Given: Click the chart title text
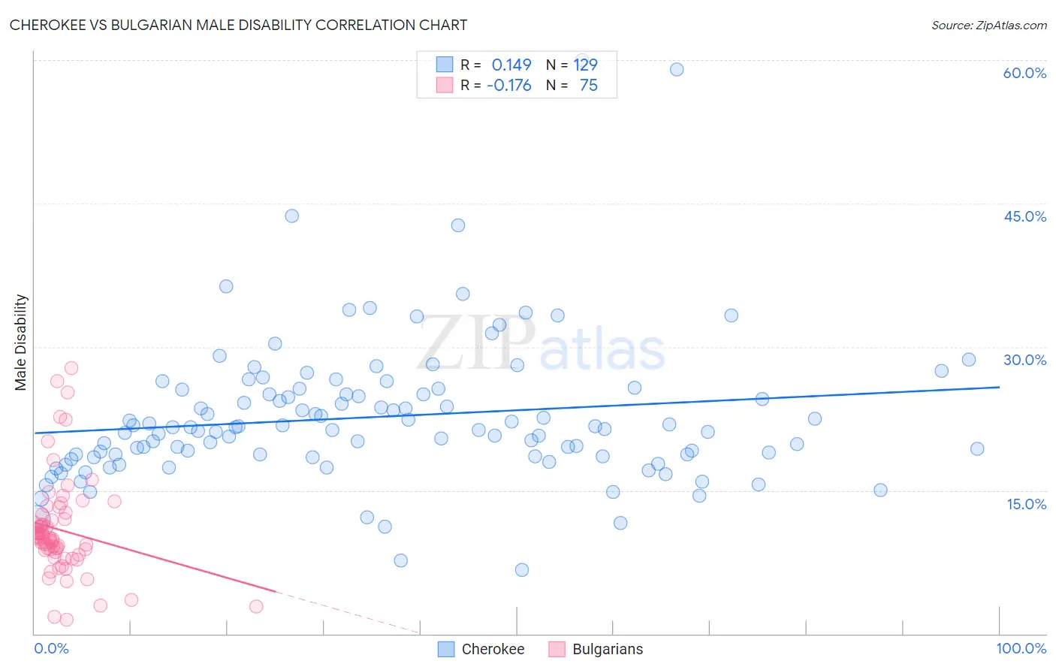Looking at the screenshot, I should (238, 25).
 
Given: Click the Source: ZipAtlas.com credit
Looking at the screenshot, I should (988, 25).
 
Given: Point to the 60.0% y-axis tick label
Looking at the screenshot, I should (1024, 73).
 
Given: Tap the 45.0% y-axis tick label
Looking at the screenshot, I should (1024, 216).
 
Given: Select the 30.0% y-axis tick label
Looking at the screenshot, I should (1024, 360).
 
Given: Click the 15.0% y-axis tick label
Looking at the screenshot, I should (1026, 504).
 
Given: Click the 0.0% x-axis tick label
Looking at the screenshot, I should (51, 648).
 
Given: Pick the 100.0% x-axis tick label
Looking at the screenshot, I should (1021, 648).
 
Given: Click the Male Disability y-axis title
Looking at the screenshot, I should (21, 342).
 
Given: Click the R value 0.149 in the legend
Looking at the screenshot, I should (511, 65).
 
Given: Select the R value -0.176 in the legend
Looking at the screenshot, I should (508, 85).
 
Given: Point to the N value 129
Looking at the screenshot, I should (585, 65).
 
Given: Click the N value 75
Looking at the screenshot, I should (588, 85).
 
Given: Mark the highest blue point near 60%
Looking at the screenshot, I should (677, 69).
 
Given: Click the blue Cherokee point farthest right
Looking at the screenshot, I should (977, 448).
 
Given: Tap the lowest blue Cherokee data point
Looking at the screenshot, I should (522, 569).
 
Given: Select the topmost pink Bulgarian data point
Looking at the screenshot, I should (71, 367).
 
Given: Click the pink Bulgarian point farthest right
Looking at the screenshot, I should (256, 606).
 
